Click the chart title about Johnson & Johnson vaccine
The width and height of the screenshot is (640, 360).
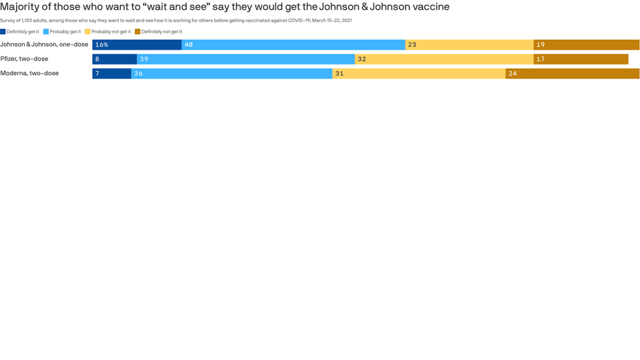click(225, 7)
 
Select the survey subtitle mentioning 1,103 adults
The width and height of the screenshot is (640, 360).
click(176, 20)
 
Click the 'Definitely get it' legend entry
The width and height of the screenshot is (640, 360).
click(20, 31)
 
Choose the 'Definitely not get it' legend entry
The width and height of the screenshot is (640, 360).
click(158, 31)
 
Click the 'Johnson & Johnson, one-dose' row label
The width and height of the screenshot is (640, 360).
click(44, 44)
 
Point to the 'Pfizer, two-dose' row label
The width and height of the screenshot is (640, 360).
click(24, 59)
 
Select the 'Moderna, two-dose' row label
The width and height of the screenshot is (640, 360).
click(29, 73)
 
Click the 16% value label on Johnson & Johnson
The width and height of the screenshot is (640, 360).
click(101, 44)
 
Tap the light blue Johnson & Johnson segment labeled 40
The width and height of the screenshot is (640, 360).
click(293, 44)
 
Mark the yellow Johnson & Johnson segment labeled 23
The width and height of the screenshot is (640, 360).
click(469, 44)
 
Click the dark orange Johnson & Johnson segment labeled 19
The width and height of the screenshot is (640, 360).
click(586, 44)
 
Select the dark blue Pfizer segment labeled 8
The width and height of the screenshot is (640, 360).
click(114, 59)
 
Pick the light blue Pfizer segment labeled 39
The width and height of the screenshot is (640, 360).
click(246, 59)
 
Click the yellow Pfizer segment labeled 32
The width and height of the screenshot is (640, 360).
click(444, 59)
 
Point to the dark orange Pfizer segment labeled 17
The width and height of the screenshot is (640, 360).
click(581, 59)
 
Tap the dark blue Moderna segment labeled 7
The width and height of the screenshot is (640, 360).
click(112, 73)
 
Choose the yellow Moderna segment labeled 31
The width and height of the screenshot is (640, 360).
click(419, 73)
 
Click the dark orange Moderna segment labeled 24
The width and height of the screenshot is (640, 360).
click(572, 73)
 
